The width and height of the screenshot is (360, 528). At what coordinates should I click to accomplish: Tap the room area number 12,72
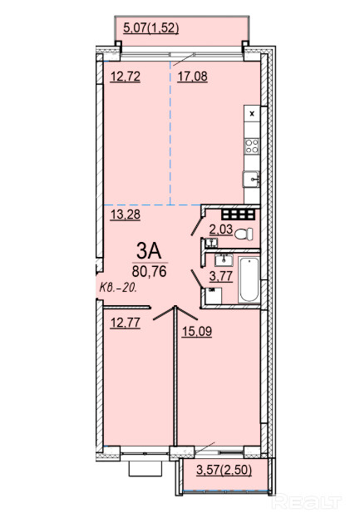(126, 76)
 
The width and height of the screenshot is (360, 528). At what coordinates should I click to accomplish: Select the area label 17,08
(193, 76)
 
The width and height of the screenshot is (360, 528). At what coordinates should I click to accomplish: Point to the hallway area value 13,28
(126, 215)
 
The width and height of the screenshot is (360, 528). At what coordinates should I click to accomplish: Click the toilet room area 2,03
(221, 229)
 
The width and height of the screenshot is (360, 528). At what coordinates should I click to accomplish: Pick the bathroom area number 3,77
(221, 276)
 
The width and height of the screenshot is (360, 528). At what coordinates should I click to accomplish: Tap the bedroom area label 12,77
(126, 323)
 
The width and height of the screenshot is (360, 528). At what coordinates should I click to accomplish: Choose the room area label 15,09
(197, 331)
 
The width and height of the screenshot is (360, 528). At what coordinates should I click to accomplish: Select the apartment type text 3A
(149, 251)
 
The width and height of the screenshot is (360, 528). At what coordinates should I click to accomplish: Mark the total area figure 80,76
(150, 271)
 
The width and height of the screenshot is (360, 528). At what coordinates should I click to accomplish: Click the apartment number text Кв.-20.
(118, 288)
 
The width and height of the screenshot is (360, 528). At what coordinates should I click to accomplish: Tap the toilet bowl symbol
(244, 234)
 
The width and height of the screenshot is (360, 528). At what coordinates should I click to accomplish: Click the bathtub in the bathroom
(249, 280)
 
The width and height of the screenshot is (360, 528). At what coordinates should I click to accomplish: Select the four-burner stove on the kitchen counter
(252, 146)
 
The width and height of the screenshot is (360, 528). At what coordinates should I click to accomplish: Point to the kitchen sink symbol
(251, 179)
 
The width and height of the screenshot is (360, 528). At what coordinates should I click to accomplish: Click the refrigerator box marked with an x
(252, 114)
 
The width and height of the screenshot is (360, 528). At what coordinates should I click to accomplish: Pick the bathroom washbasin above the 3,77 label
(224, 259)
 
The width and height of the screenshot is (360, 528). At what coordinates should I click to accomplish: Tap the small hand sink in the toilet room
(211, 242)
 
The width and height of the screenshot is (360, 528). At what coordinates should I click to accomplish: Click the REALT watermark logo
(307, 502)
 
